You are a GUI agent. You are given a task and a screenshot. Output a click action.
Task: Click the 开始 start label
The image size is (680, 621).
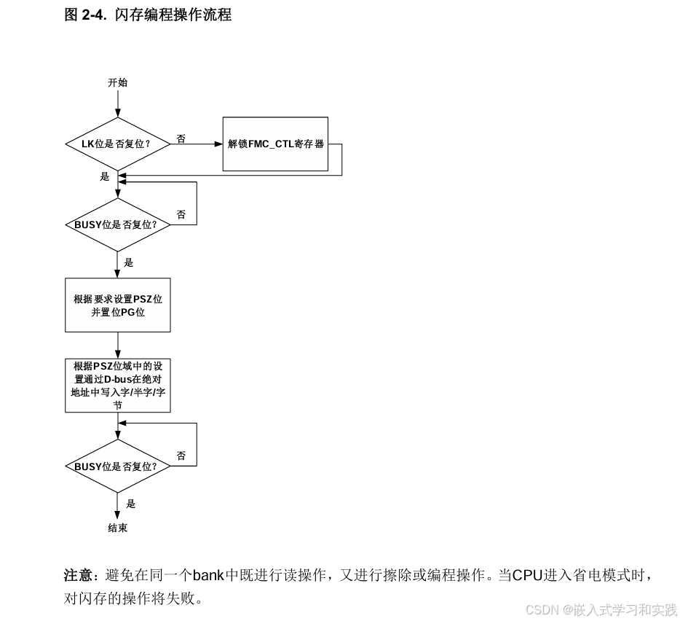pos(117,82)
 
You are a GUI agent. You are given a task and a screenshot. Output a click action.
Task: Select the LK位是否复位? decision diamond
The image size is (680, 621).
pos(117,144)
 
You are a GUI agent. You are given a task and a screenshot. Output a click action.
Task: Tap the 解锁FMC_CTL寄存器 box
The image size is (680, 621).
pos(275,144)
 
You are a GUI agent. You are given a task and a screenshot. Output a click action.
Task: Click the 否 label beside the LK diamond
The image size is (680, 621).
pos(181,138)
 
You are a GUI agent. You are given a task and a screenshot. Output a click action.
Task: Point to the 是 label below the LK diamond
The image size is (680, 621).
pos(104,176)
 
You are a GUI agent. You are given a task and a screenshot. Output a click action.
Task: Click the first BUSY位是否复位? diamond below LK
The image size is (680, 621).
pos(117,224)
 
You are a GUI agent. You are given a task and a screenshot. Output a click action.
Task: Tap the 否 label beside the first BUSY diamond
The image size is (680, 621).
pos(181,214)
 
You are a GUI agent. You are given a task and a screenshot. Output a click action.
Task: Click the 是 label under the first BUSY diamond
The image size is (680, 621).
pos(129,262)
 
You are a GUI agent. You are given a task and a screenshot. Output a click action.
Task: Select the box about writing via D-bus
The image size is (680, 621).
pos(117,385)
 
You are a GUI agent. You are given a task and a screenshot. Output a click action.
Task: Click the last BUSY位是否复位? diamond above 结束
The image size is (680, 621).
pos(117,466)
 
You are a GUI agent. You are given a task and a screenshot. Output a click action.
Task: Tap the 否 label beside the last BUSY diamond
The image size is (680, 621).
pos(181,456)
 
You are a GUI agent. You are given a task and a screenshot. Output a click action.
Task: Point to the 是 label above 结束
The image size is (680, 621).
pos(131,503)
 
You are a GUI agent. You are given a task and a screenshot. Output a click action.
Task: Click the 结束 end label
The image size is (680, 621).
pos(117,528)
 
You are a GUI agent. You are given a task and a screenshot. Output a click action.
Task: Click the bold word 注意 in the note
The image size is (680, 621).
pos(76,576)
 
